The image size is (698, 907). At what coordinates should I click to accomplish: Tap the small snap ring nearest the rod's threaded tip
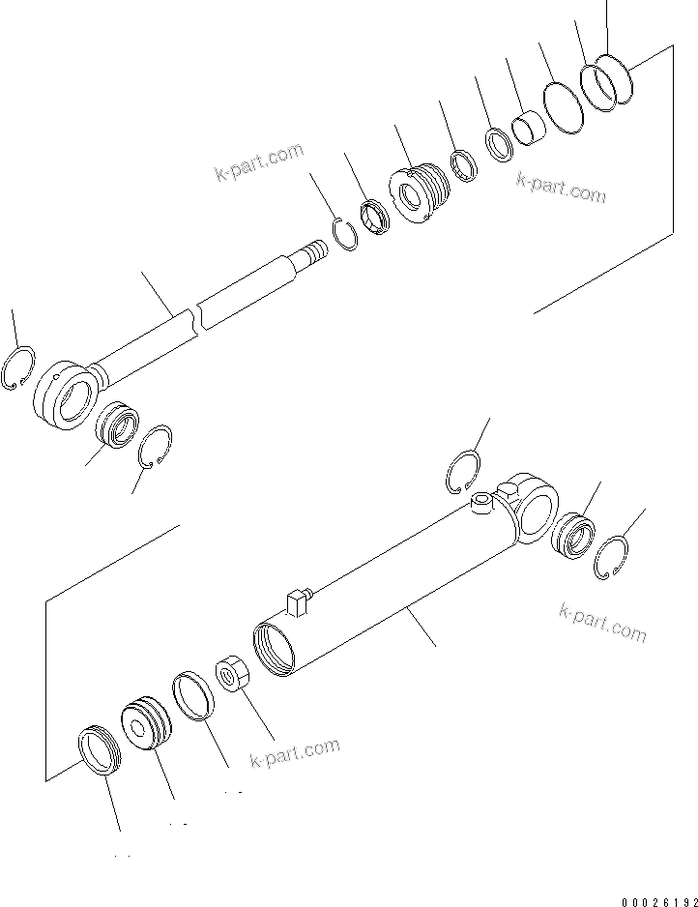pyautogui.click(x=342, y=236)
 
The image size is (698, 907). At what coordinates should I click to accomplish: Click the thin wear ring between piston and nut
pyautogui.click(x=192, y=697)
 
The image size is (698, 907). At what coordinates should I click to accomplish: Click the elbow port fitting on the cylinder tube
pyautogui.click(x=299, y=601)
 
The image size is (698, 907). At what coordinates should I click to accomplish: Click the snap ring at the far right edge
pyautogui.click(x=611, y=558)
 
